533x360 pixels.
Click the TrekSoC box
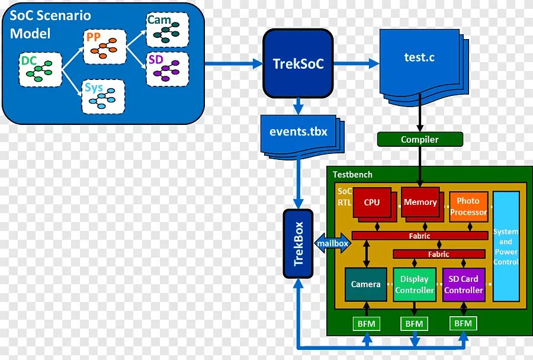pos(298,63)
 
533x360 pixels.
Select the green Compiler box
pos(420,140)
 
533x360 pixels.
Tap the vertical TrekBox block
pos(298,243)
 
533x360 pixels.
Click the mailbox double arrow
pos(332,243)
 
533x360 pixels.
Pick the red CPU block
pos(371,202)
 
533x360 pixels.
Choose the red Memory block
pos(420,202)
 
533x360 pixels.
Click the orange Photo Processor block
pos(468,207)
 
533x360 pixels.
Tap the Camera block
pos(365,284)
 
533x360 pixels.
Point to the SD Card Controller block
pos(463,284)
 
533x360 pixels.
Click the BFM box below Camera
pos(367,323)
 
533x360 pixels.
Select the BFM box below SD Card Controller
pos(463,323)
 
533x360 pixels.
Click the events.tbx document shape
pos(298,133)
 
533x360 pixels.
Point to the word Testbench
pos(352,175)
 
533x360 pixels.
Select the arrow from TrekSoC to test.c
pos(355,63)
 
